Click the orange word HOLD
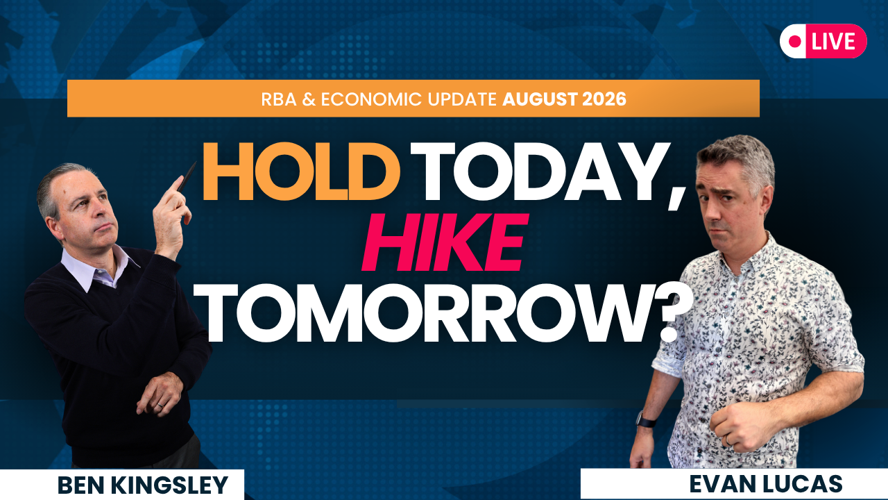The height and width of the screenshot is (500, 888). [x=301, y=172]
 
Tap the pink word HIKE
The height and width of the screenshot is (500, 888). [x=445, y=242]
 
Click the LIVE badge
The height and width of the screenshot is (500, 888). [x=823, y=41]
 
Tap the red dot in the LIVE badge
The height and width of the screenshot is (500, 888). [x=794, y=41]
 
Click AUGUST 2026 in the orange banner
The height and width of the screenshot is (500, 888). [x=564, y=99]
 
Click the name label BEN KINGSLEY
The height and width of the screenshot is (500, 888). [x=143, y=485]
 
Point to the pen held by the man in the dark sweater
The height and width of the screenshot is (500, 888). [x=187, y=177]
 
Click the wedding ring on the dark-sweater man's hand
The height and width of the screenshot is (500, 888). [x=160, y=406]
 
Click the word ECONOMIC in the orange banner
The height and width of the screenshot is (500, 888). [x=371, y=99]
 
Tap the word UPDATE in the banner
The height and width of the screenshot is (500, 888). [x=462, y=99]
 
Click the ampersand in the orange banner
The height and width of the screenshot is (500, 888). [x=309, y=99]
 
